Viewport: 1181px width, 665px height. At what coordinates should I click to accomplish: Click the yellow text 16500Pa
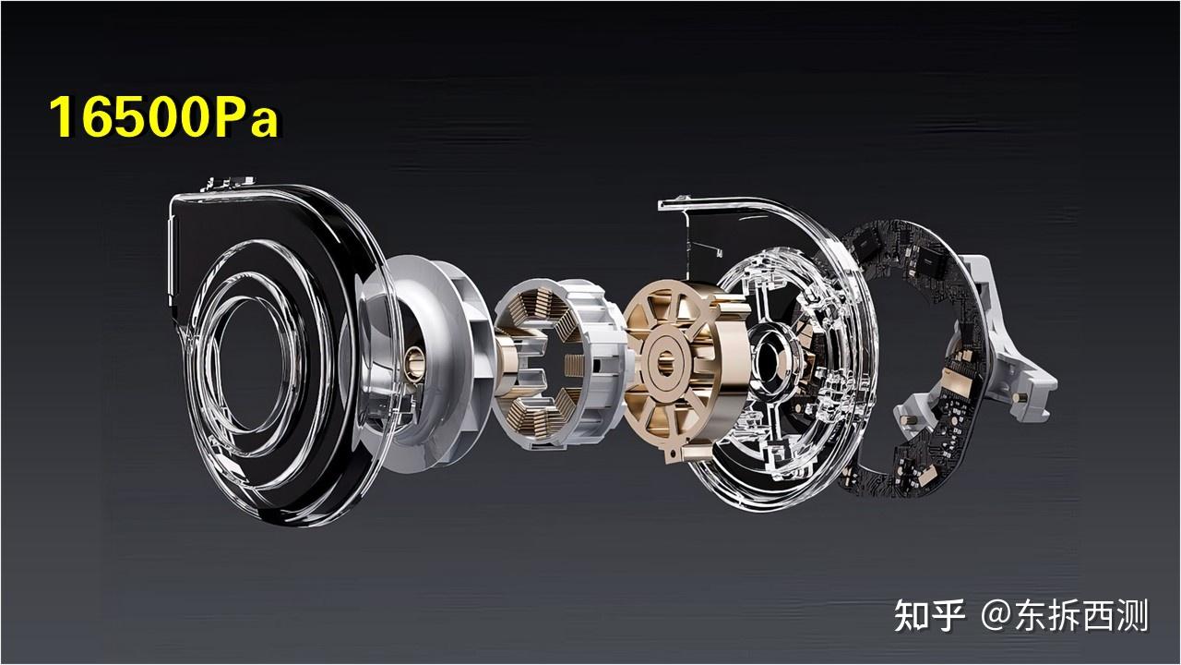[163, 117]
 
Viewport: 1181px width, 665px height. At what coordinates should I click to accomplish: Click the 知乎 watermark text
[929, 615]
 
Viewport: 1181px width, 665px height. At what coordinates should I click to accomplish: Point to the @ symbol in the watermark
[997, 616]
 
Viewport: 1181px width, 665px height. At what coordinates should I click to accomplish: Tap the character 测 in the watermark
[1131, 615]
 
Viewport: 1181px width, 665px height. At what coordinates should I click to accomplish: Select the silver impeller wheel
[427, 364]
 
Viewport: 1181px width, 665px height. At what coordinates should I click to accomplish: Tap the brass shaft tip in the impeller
[414, 363]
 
